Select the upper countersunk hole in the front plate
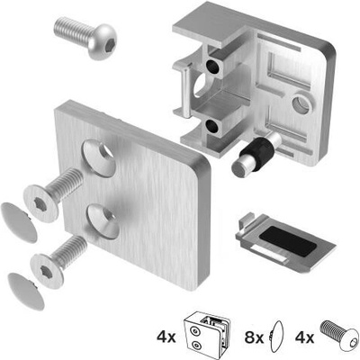99,157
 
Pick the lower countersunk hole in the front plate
103,222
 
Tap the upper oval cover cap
19,222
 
